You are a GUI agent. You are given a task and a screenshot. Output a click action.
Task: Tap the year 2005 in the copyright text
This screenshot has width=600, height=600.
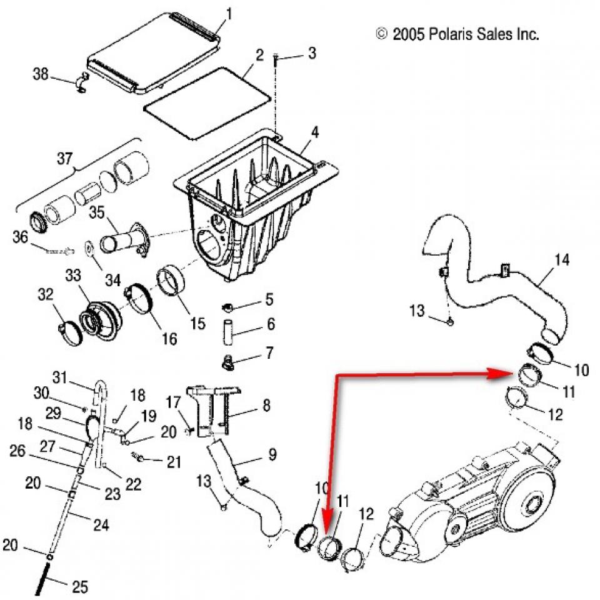tap(409, 34)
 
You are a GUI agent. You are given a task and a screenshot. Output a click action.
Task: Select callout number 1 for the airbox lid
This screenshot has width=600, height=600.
tap(228, 13)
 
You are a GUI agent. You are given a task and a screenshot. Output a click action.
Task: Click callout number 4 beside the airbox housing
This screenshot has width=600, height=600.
tap(315, 132)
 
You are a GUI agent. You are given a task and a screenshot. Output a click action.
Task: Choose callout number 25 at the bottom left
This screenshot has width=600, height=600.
tap(80, 587)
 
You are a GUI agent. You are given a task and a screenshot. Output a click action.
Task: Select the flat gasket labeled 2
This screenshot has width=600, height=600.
tap(206, 103)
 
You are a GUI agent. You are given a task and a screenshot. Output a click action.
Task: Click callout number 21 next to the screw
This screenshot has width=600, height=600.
tap(173, 462)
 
